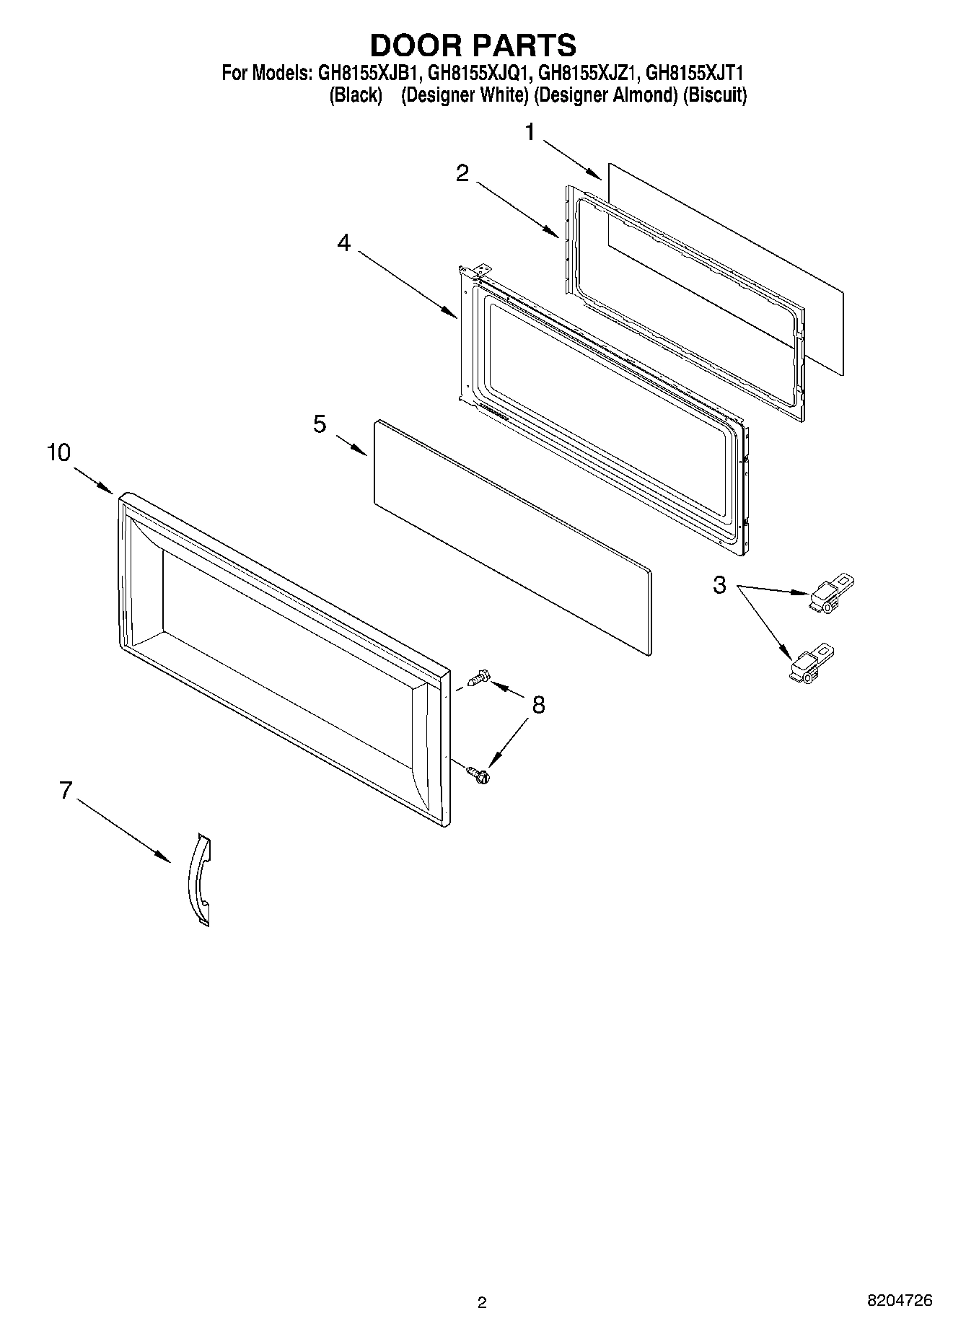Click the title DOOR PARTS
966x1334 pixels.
click(473, 45)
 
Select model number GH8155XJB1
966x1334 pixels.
click(364, 73)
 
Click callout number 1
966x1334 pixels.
click(530, 132)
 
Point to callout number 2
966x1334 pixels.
click(462, 172)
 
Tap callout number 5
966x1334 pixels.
click(320, 424)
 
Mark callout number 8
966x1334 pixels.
click(538, 704)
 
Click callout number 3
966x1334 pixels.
click(719, 584)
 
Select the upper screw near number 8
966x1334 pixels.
click(478, 677)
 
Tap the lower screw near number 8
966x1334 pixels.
click(478, 774)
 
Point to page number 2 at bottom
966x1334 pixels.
click(482, 1302)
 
